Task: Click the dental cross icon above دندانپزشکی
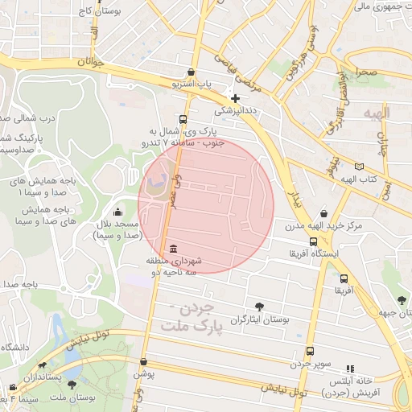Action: tap(235, 98)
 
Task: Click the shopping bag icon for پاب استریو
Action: tap(190, 71)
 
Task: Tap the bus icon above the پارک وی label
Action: tap(183, 117)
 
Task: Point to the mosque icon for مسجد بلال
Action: tap(119, 212)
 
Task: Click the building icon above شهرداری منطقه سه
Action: tap(175, 248)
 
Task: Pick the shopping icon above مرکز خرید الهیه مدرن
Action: tap(323, 213)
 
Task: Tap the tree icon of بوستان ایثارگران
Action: tap(259, 307)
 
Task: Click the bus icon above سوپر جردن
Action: tap(310, 352)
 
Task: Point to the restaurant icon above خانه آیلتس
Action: tap(349, 368)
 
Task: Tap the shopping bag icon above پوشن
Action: tap(143, 362)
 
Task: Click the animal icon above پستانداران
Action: tap(34, 364)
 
